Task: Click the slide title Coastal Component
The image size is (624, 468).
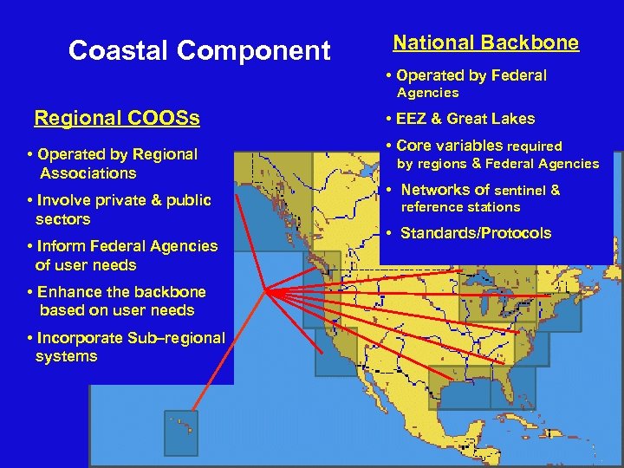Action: (x=199, y=51)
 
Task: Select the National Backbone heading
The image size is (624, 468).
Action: (x=485, y=42)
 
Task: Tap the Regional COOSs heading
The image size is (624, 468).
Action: (x=116, y=118)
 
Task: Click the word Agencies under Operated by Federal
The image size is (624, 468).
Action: (x=427, y=93)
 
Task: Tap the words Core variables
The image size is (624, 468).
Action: (x=449, y=146)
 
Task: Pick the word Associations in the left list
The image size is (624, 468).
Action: (x=88, y=173)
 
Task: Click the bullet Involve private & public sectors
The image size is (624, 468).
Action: (x=119, y=210)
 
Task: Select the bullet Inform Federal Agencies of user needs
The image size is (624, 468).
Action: (x=122, y=256)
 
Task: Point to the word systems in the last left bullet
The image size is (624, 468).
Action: (x=66, y=356)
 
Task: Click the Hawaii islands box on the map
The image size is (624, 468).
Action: (x=181, y=432)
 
